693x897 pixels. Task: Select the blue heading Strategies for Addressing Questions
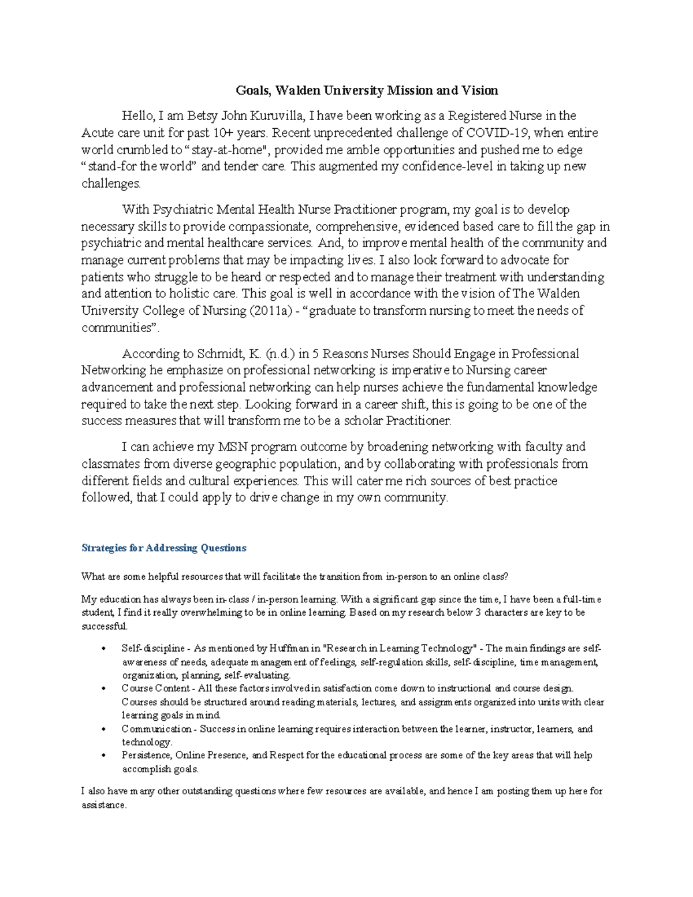(x=164, y=548)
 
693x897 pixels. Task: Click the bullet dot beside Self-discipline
(x=103, y=649)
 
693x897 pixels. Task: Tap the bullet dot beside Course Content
(x=103, y=688)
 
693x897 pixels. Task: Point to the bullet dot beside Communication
(x=103, y=729)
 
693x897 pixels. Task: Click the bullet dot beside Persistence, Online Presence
(x=103, y=755)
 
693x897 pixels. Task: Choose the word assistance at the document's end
(x=103, y=805)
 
